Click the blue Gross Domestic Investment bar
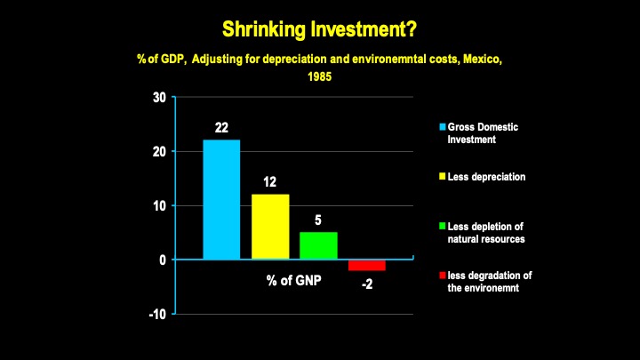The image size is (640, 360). tap(221, 199)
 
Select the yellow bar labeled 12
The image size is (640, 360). tap(270, 226)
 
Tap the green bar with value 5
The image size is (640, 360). tap(318, 244)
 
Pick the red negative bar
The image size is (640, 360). tap(366, 265)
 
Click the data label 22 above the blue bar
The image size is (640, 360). tap(222, 128)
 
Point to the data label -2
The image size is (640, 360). tap(366, 285)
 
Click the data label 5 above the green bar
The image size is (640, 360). tap(318, 220)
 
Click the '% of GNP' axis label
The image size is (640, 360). tap(294, 280)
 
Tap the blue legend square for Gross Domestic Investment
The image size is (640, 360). tap(442, 127)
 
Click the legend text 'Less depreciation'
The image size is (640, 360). tap(486, 177)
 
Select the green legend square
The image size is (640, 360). tap(442, 227)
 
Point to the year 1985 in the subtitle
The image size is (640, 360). tap(319, 76)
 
